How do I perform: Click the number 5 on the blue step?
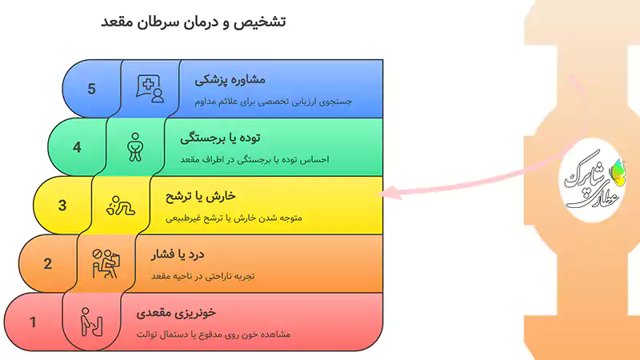point(92,88)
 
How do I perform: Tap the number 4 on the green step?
point(77,147)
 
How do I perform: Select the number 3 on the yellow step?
point(62,206)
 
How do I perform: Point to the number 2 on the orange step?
point(48,264)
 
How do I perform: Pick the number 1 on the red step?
point(33,323)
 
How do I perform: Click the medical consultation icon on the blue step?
point(150,87)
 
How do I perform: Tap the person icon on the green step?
point(135,146)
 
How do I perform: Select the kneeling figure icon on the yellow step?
point(121,206)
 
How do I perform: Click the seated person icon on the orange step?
point(106,264)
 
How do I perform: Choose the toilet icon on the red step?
point(90,323)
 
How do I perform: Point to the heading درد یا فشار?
point(178,256)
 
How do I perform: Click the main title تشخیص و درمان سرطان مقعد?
point(194,22)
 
